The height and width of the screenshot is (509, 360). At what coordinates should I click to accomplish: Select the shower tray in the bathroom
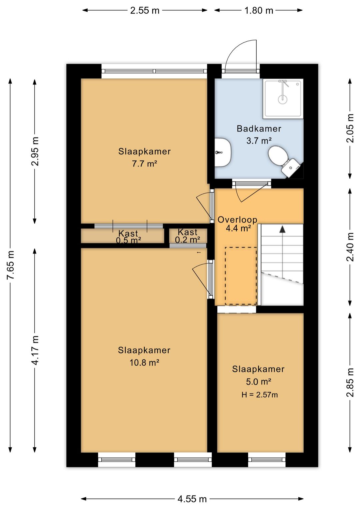pyautogui.click(x=283, y=99)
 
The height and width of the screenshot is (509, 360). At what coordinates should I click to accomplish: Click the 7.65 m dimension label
pyautogui.click(x=10, y=265)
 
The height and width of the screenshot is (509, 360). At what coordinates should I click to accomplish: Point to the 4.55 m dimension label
pyautogui.click(x=192, y=497)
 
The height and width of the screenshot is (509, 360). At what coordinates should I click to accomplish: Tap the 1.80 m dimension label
pyautogui.click(x=258, y=10)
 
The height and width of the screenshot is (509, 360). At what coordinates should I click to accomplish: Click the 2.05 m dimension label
pyautogui.click(x=350, y=128)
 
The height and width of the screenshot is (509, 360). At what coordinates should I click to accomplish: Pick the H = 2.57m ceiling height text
pyautogui.click(x=259, y=395)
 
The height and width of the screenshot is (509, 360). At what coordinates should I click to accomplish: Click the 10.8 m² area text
pyautogui.click(x=144, y=363)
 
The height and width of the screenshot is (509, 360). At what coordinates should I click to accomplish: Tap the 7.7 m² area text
pyautogui.click(x=145, y=163)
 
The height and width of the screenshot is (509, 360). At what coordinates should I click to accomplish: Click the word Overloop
pyautogui.click(x=237, y=220)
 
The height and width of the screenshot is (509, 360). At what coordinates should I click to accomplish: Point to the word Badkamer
pyautogui.click(x=259, y=129)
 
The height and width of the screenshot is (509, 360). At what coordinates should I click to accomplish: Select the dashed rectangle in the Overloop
pyautogui.click(x=241, y=276)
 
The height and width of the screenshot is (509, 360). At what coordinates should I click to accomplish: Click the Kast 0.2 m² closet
pyautogui.click(x=188, y=235)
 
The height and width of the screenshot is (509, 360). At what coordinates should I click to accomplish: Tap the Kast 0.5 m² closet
pyautogui.click(x=122, y=236)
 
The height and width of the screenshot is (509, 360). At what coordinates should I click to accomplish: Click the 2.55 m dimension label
pyautogui.click(x=145, y=10)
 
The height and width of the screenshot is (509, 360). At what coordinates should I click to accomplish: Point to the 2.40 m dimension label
pyautogui.click(x=350, y=247)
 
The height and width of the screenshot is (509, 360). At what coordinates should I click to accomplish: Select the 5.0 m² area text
pyautogui.click(x=258, y=382)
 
